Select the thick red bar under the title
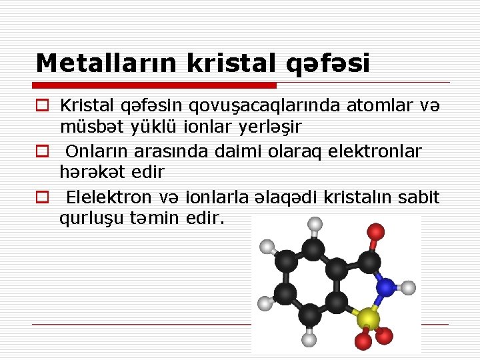pyautogui.click(x=156, y=85)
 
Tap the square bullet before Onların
pyautogui.click(x=43, y=152)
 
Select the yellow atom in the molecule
pyautogui.click(x=367, y=319)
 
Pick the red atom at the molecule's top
pyautogui.click(x=376, y=232)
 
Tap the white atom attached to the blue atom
pyautogui.click(x=409, y=288)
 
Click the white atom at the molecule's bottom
pyautogui.click(x=310, y=340)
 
